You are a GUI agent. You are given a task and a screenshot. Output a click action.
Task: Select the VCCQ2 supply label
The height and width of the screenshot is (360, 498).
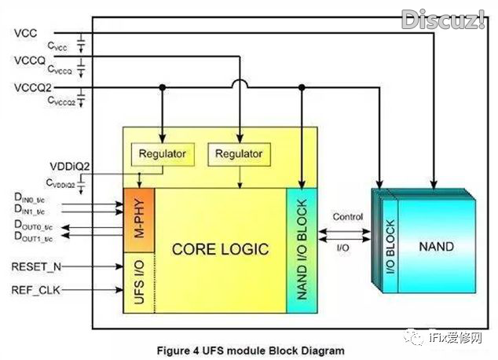click(x=31, y=87)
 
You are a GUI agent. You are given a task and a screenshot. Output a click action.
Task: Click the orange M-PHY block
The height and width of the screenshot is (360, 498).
click(x=138, y=211)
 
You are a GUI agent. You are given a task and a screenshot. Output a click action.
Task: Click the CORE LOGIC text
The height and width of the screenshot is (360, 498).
click(x=221, y=249)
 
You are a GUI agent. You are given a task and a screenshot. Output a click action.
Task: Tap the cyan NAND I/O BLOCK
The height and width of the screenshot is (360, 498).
click(x=301, y=251)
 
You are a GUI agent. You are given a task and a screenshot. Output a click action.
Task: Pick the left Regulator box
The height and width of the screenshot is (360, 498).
click(x=162, y=152)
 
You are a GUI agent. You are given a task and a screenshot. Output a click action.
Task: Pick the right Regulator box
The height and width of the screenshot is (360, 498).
click(x=239, y=152)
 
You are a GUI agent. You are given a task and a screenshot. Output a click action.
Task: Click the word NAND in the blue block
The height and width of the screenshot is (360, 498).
click(x=437, y=246)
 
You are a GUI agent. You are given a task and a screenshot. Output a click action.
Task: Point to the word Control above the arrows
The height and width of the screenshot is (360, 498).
click(x=347, y=216)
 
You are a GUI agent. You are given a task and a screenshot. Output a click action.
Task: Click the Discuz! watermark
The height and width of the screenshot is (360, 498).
click(x=443, y=19)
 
